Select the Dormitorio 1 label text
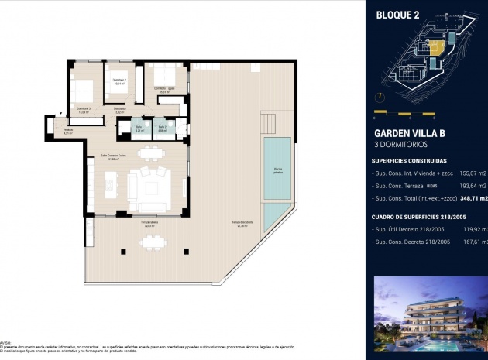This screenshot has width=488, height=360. (163, 90)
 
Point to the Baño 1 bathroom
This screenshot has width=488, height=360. (140, 129)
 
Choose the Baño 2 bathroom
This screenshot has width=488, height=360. (161, 129)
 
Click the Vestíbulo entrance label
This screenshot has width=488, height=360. (68, 132)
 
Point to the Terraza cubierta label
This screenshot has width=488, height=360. (149, 224)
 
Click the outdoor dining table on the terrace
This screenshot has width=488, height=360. (152, 242)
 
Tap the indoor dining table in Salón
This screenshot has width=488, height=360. (152, 153)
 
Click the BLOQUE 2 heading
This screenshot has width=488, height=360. (397, 14)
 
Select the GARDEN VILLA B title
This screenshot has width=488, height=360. (409, 133)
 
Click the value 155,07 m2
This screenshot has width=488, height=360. (472, 175)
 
